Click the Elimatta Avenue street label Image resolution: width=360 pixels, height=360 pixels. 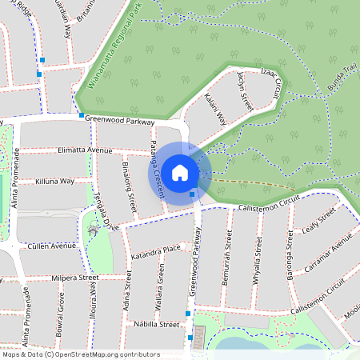84,150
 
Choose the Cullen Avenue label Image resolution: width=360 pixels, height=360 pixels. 51,246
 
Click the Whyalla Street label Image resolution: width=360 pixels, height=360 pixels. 258,260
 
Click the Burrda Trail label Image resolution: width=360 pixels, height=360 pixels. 335,81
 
